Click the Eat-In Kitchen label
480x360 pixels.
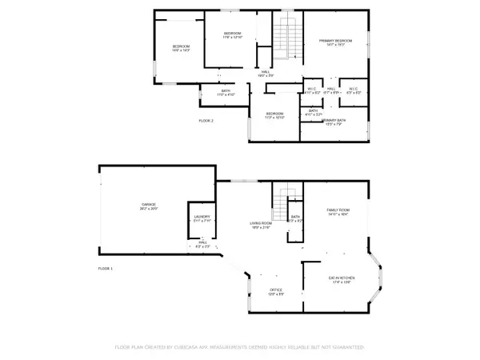tap(342, 280)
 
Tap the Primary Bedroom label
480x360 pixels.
tap(336, 41)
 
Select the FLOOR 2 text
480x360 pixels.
tap(206, 120)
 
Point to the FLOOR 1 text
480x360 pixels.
tap(106, 268)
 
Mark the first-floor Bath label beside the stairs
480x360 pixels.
tap(295, 218)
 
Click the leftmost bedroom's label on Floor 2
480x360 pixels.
tap(181, 48)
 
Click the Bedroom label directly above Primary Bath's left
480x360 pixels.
tap(274, 115)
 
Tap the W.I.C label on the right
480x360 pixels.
tap(353, 90)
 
